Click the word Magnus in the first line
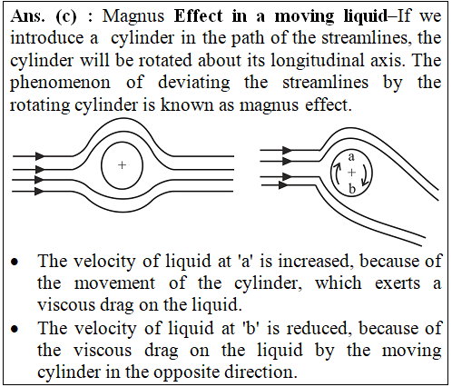coord(133,16)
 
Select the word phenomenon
coord(60,84)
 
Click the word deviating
coord(194,83)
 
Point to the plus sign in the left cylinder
coord(122,165)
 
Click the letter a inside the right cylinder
coord(351,157)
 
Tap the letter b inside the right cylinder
coord(351,189)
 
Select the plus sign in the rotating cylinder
coord(351,173)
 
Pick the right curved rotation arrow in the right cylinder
coord(367,174)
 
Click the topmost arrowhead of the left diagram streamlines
coord(40,156)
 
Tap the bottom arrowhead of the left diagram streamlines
coord(39,192)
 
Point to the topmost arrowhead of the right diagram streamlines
coord(287,150)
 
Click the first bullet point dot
coord(15,262)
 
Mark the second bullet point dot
coord(15,329)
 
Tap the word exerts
coord(398,283)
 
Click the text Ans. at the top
coord(27,16)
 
